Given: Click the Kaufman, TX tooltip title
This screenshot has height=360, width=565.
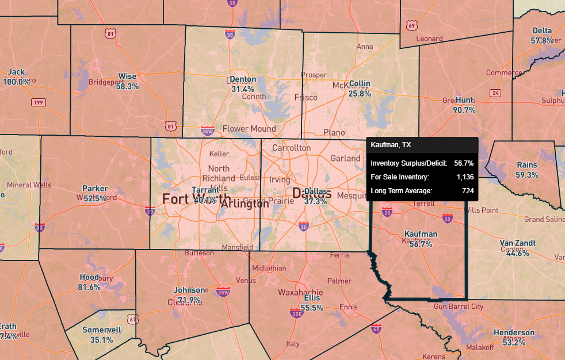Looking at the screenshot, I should (391, 145).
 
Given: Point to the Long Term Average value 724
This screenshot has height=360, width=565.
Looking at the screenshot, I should (467, 190).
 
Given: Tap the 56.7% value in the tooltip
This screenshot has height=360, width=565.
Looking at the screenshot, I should (464, 163).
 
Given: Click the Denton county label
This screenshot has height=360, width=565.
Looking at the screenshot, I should (242, 79).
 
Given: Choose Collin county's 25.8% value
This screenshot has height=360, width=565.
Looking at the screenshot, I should (360, 93).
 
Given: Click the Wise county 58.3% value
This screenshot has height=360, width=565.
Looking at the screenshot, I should (127, 86).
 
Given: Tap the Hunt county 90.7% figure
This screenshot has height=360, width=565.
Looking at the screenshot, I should (464, 110).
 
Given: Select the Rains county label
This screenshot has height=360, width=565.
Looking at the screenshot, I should (527, 165).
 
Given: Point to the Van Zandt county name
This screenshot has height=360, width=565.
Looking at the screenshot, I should (514, 243).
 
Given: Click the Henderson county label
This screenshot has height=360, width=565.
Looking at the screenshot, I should (514, 333).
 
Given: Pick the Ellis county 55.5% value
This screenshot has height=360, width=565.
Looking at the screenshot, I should (312, 308).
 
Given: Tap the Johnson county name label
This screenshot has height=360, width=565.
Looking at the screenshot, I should (189, 290).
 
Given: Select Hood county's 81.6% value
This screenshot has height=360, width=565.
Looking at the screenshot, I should (89, 287).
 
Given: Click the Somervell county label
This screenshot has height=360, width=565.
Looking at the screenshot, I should (101, 331).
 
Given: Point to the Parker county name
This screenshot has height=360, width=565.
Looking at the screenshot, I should (95, 189).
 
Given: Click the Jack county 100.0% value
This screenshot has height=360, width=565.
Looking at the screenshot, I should (17, 82).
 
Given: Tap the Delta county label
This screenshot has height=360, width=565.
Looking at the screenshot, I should (542, 30).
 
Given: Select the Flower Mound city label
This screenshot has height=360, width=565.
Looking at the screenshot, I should (249, 129).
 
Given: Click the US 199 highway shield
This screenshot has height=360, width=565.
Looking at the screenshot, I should (38, 102).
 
